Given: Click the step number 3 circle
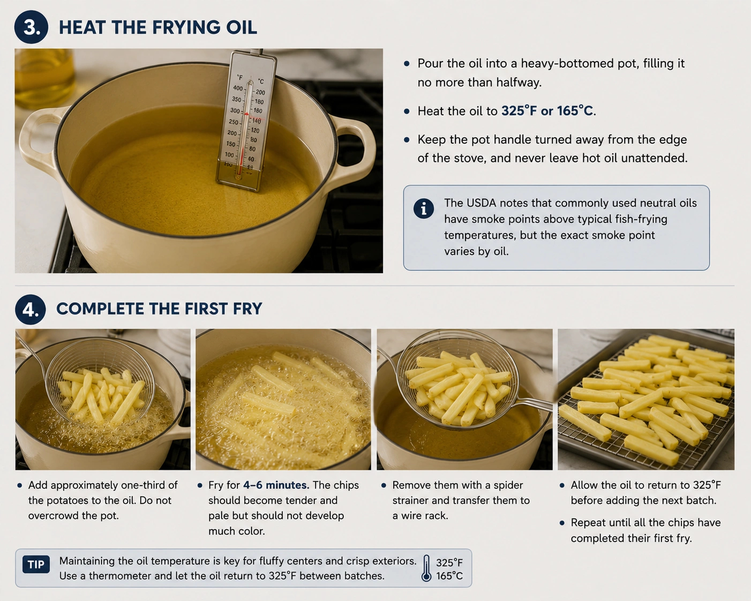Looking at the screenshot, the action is (31, 27).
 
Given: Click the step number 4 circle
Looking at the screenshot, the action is (31, 310).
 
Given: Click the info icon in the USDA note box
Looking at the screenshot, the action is (424, 209).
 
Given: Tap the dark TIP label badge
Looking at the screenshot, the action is (36, 565).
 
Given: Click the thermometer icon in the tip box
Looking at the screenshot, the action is (426, 568).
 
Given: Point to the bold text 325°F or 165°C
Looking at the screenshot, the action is (547, 111).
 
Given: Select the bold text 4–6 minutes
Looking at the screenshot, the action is (276, 485).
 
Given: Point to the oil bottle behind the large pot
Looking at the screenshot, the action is (44, 79).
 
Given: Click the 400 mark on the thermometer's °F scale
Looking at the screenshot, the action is (238, 88).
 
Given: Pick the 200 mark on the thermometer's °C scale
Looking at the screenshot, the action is (260, 93).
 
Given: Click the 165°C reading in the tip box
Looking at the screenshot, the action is (449, 575).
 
